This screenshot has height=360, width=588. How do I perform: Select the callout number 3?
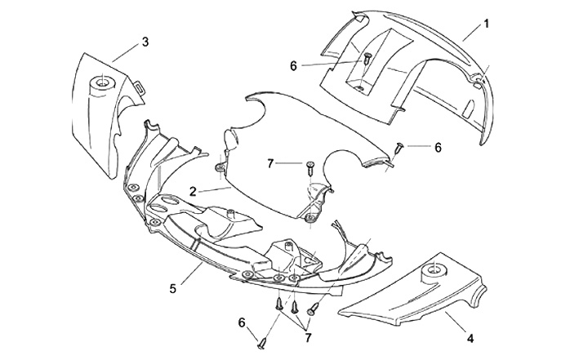145,41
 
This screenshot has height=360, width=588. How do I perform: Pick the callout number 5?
172,287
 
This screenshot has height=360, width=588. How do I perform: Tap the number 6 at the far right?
438,148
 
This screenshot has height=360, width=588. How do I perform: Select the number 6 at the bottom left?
242,322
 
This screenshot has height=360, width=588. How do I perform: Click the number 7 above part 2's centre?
269,163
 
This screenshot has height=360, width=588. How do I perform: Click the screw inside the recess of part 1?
367,60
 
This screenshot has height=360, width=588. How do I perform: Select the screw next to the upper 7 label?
310,169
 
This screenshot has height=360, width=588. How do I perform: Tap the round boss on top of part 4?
430,270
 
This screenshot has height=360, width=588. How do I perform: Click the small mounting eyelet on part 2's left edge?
219,169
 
